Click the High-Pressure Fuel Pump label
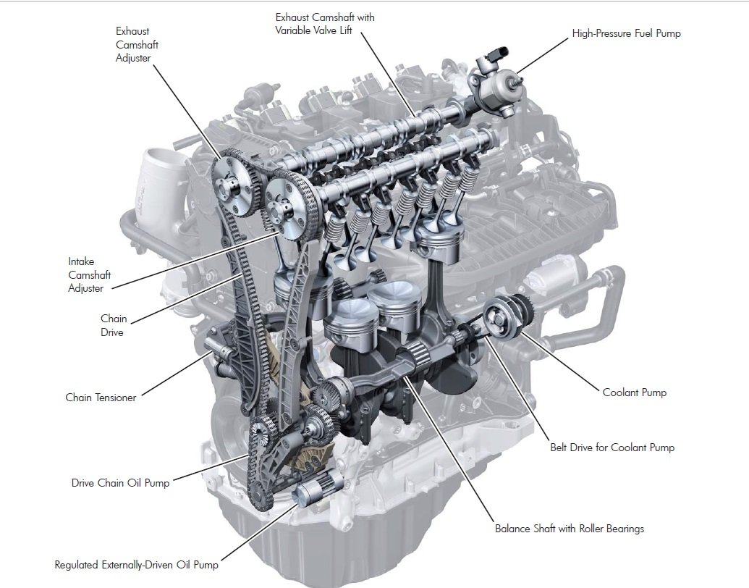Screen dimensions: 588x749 click(x=626, y=33)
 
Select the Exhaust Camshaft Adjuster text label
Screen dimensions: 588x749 click(x=137, y=44)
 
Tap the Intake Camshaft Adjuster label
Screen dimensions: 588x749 click(x=85, y=274)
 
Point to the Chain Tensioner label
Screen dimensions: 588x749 click(x=101, y=398)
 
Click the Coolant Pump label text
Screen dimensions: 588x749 click(x=634, y=392)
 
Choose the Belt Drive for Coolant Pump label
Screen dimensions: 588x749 click(x=612, y=448)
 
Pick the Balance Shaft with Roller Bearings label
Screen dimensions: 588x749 click(x=569, y=529)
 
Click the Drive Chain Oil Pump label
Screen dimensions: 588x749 click(x=120, y=483)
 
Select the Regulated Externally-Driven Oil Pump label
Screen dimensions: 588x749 click(x=136, y=565)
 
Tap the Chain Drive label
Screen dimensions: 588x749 click(x=113, y=325)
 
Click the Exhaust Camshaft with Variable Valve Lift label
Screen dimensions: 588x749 click(x=325, y=24)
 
